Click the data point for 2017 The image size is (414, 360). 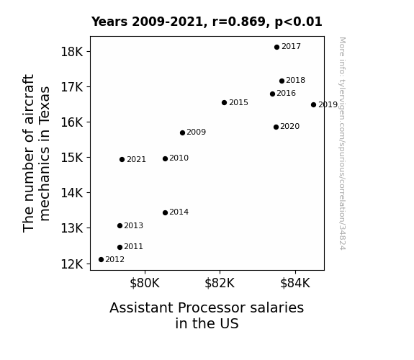pos(276,48)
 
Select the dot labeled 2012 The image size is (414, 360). pos(101,260)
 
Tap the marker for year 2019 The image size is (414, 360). pos(313,105)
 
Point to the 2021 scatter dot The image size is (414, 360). pos(122,160)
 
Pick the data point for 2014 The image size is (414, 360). pos(165,212)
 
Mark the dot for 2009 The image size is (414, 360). pos(182,133)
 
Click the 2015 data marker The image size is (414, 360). pos(224,102)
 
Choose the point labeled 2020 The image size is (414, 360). pos(276,127)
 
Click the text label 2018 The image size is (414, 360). pos(295,80)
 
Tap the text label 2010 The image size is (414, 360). pos(179,158)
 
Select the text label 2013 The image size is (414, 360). pos(133,225)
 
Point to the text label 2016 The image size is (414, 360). pos(287,93)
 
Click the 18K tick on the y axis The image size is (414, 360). pos(72,52)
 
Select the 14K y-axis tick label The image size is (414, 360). pos(72,193)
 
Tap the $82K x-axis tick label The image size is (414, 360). pos(220,283)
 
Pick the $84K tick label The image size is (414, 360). pos(295,283)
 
